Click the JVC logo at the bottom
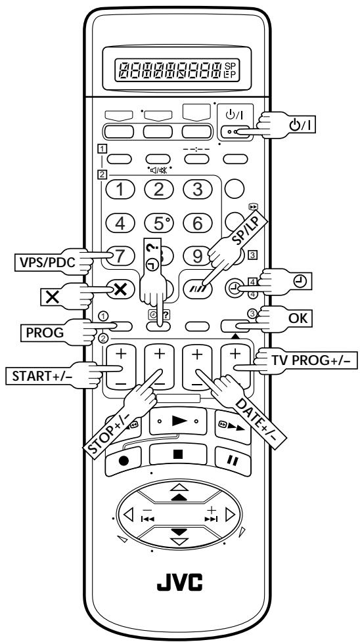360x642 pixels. (180, 582)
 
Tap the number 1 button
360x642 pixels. (120, 189)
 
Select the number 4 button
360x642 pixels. (120, 223)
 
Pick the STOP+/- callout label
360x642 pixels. (107, 433)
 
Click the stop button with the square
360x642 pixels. (178, 454)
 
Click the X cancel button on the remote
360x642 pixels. (120, 289)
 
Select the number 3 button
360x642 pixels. (197, 189)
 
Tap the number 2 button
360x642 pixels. (158, 189)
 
